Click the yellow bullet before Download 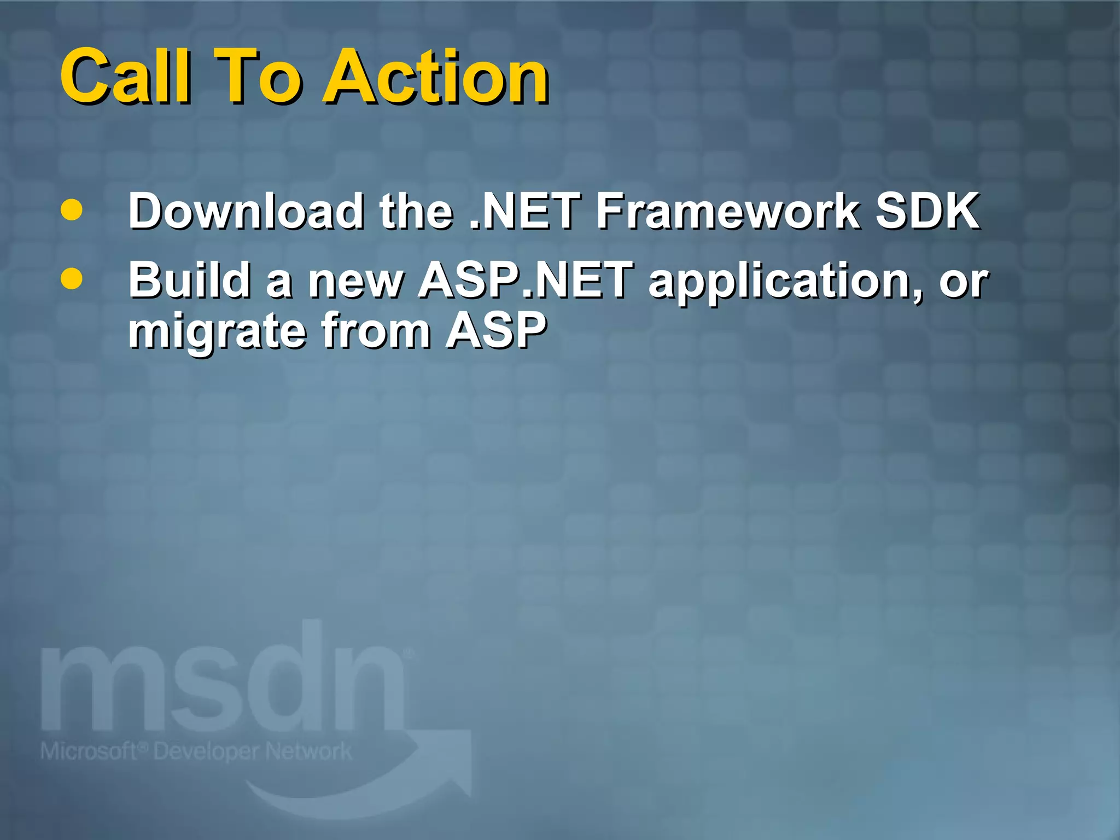pyautogui.click(x=72, y=209)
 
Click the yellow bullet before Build pyautogui.click(x=72, y=278)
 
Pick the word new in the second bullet pyautogui.click(x=356, y=282)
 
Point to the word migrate pyautogui.click(x=217, y=331)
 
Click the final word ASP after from pyautogui.click(x=496, y=330)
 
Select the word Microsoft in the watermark pyautogui.click(x=87, y=752)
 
